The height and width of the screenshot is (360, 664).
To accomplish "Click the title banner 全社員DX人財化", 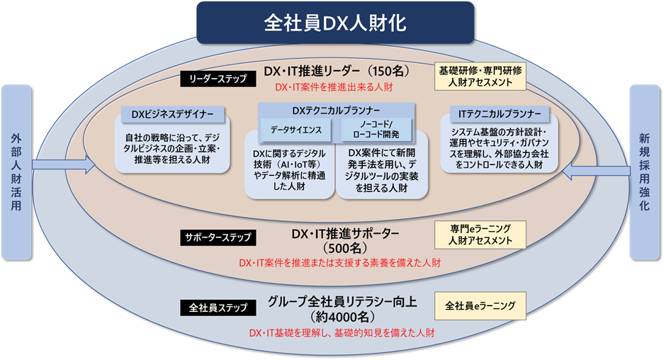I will tap(334, 22).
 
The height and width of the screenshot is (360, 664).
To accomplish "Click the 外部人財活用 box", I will tap(17, 171).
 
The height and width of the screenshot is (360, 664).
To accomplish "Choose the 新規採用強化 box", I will tap(645, 171).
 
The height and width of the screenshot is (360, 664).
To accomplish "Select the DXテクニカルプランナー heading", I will tap(335, 111).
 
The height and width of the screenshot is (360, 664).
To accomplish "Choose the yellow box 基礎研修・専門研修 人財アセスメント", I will tap(480, 77).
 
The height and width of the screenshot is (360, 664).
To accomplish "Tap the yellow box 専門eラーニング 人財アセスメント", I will tap(480, 235).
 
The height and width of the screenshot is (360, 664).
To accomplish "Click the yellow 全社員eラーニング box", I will tap(480, 306).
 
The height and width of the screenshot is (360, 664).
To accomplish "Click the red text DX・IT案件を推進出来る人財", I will tap(334, 88).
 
